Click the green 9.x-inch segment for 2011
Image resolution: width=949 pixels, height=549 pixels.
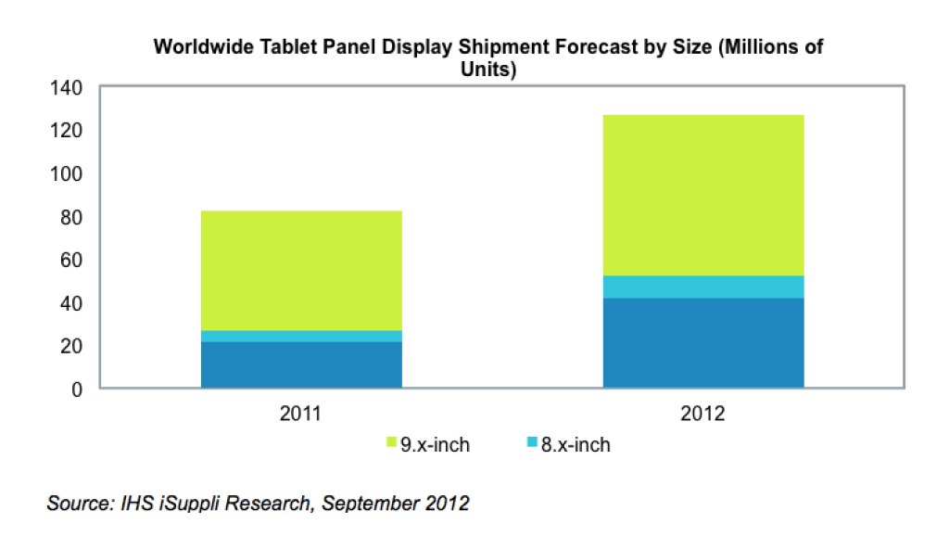tap(301, 270)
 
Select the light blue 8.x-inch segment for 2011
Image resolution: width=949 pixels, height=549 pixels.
tap(301, 336)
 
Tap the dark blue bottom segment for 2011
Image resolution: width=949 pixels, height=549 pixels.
tap(301, 364)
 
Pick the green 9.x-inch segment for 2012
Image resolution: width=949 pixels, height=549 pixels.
tap(703, 195)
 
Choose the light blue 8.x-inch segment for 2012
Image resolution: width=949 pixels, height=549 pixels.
tap(703, 287)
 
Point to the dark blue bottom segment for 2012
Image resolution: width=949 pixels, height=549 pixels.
tap(703, 342)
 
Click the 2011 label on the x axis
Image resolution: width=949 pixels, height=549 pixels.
tap(300, 414)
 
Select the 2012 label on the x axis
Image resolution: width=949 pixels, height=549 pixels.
tap(703, 414)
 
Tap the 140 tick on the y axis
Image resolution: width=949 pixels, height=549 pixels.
tap(69, 88)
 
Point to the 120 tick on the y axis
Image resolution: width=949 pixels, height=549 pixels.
tap(69, 131)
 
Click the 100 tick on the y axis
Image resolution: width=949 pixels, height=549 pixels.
tap(69, 174)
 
